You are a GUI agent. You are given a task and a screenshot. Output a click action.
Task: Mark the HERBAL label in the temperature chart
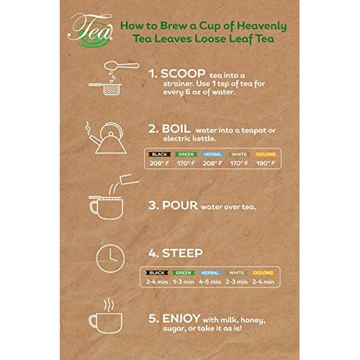pyautogui.click(x=212, y=154)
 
